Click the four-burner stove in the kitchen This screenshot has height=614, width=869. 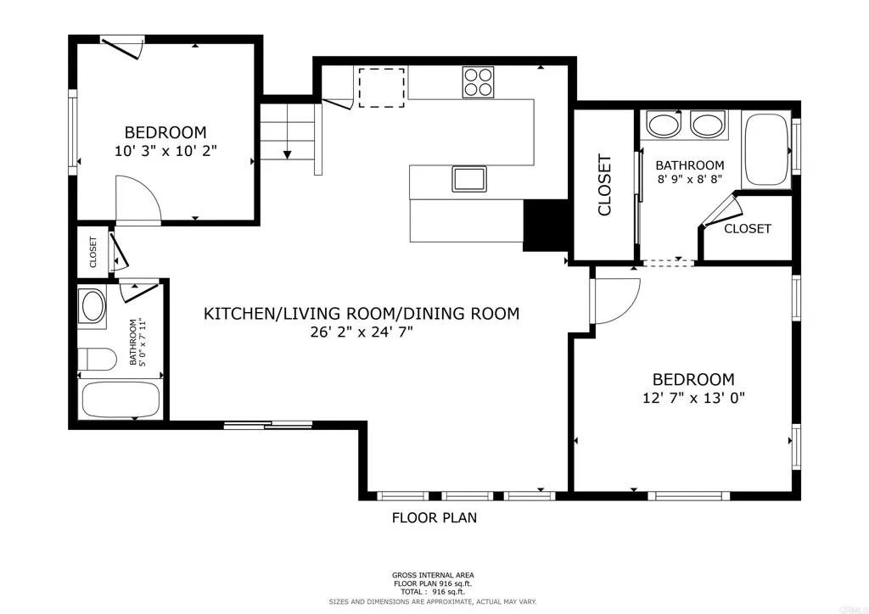[479, 81]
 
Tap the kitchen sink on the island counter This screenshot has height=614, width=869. [468, 179]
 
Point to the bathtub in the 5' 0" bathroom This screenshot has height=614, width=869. [121, 399]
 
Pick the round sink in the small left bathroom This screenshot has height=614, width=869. [92, 306]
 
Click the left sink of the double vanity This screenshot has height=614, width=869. [664, 125]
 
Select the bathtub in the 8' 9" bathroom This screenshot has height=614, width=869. [766, 148]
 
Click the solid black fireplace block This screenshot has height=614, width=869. [546, 226]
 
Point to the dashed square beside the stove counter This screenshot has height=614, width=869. [381, 88]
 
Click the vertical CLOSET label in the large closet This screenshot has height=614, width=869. [605, 185]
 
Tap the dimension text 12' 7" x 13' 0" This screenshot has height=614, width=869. [692, 397]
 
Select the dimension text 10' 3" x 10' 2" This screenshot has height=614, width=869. [165, 151]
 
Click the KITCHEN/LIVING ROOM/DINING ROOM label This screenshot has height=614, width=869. [361, 314]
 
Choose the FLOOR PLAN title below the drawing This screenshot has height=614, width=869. [434, 517]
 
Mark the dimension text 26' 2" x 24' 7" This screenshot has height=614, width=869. [362, 332]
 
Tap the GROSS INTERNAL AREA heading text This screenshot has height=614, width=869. [434, 575]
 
